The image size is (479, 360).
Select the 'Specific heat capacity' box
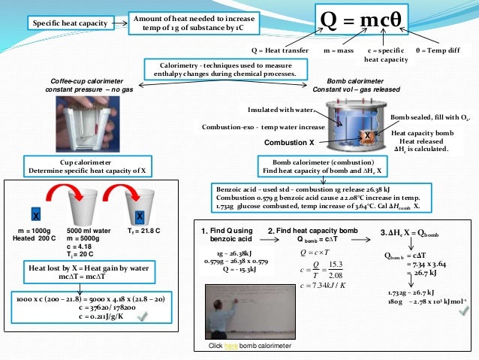[x=65, y=24]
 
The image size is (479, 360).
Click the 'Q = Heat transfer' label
[x=277, y=50]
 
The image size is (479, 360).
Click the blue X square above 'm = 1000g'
[x=35, y=213]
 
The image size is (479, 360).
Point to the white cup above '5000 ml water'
[x=87, y=205]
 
